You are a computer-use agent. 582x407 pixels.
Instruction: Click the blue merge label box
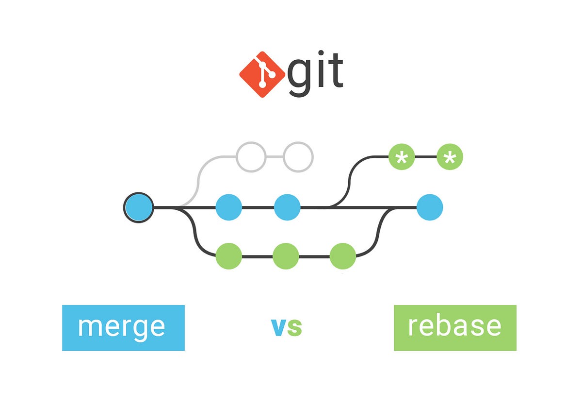click(x=123, y=327)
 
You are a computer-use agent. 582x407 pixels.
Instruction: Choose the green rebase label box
click(x=455, y=327)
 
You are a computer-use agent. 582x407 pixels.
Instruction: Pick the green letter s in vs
click(x=294, y=328)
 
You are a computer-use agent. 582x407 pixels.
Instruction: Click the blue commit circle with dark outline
click(x=139, y=207)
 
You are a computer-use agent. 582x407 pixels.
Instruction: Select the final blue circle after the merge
click(x=430, y=207)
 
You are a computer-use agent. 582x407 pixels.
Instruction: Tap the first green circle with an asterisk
click(x=402, y=157)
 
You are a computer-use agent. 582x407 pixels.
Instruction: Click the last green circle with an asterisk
click(x=450, y=157)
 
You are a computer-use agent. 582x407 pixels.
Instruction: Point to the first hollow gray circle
click(x=251, y=156)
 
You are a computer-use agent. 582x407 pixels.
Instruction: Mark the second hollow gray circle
click(x=298, y=156)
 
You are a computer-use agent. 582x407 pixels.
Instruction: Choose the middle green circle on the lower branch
click(x=286, y=256)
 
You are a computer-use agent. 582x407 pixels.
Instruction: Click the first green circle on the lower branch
click(x=229, y=256)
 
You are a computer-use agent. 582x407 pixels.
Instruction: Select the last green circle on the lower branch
click(x=343, y=256)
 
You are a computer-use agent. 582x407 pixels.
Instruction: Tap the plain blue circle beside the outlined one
click(x=229, y=207)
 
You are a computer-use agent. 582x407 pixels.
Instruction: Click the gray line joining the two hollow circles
click(x=275, y=156)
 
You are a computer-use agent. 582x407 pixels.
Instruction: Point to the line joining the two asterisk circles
click(x=426, y=157)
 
